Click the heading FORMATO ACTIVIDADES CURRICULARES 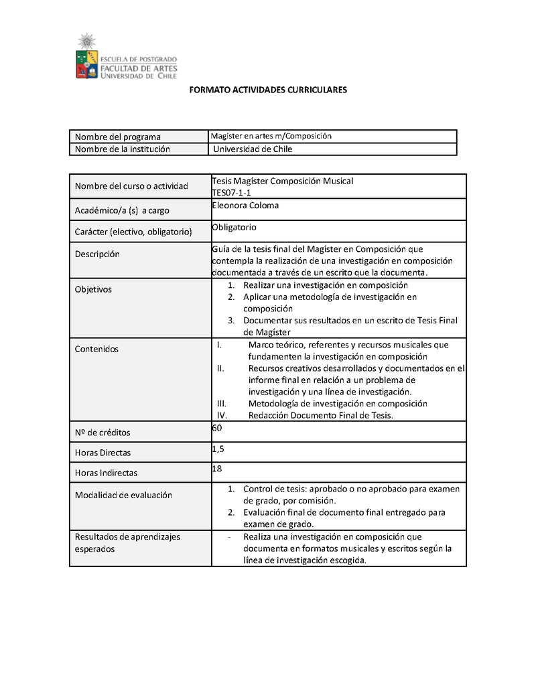point(269,89)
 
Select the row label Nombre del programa point(118,137)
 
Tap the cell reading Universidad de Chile point(253,149)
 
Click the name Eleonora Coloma point(245,206)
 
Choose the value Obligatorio point(234,227)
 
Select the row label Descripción point(97,254)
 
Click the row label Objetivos point(93,289)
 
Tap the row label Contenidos point(96,349)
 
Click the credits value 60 point(216,427)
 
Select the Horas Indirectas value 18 point(216,469)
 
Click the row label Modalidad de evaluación point(123,495)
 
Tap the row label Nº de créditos point(103,432)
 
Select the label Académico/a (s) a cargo point(122,210)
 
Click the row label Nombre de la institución point(123,149)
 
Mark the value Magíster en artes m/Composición point(271,136)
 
